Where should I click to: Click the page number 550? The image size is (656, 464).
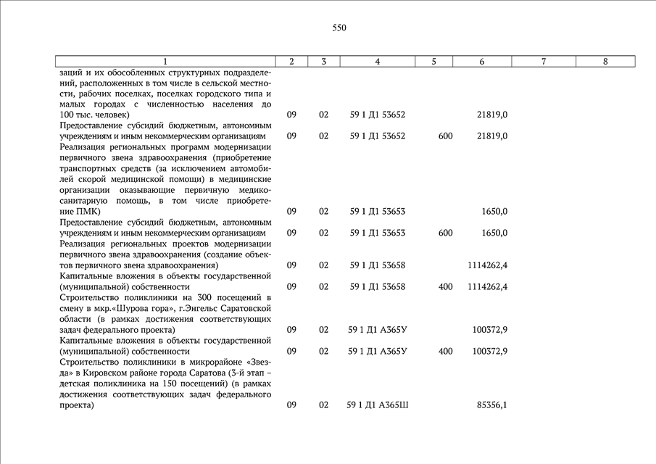click(339, 28)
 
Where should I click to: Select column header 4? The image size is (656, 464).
click(378, 62)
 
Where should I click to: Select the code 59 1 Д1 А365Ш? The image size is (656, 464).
click(378, 405)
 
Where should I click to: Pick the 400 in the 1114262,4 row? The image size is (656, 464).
click(445, 286)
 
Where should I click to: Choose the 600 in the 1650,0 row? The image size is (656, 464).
click(445, 233)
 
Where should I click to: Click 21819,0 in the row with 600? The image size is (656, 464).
click(491, 136)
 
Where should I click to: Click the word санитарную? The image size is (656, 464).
click(83, 200)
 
